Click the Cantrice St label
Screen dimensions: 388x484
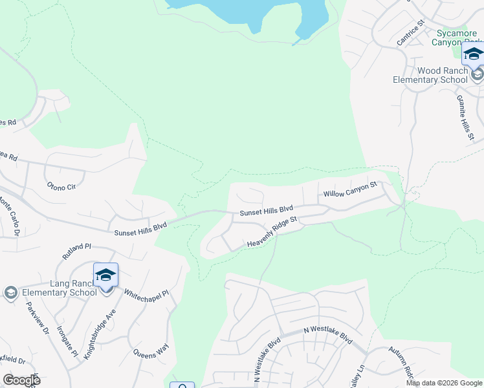coord(410,32)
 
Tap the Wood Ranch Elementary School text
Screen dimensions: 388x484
coord(430,76)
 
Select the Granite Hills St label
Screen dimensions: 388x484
coord(465,117)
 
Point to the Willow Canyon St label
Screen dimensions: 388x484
coord(349,189)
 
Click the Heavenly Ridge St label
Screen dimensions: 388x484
coord(272,233)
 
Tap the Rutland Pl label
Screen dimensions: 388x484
coord(77,247)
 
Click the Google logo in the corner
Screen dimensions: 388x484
coord(21,380)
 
